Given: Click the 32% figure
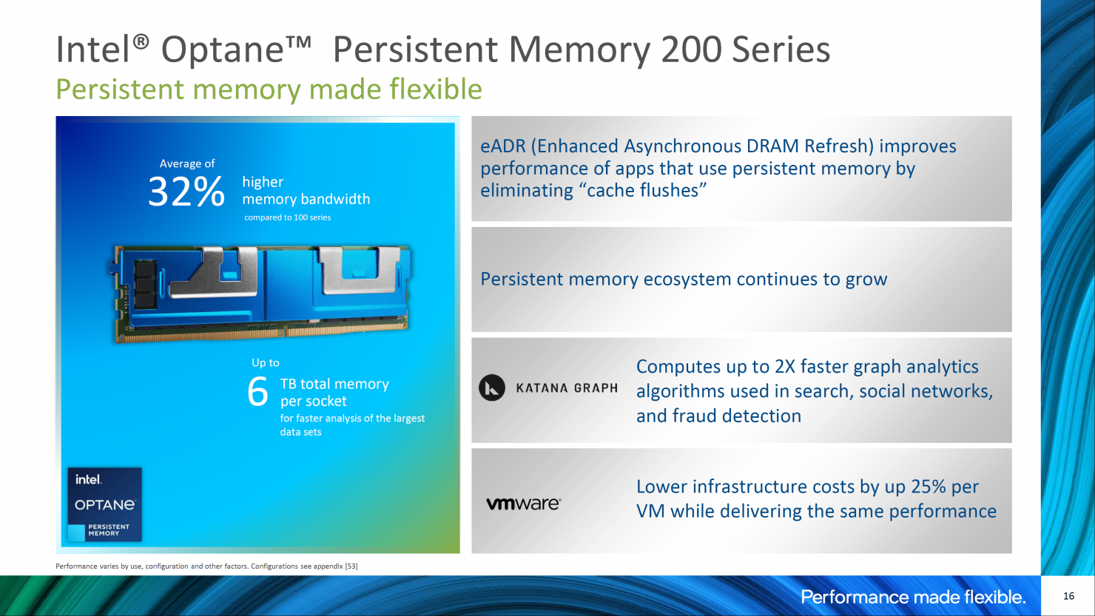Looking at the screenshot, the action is [x=186, y=192].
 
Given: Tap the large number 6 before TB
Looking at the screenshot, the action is [x=257, y=391].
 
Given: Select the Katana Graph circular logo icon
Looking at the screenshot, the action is [x=492, y=388].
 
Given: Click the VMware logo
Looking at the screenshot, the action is [x=524, y=504].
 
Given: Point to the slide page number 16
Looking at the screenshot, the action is [x=1068, y=596].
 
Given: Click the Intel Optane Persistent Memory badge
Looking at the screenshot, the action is [x=104, y=504].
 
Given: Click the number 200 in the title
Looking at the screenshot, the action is [x=691, y=50].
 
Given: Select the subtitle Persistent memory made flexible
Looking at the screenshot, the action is [x=269, y=89].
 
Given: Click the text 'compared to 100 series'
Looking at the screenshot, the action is [x=287, y=217].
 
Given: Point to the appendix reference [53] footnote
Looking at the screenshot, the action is [x=351, y=566].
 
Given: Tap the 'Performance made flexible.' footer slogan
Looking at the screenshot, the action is [x=913, y=597].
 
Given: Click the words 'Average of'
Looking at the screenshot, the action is [x=187, y=163].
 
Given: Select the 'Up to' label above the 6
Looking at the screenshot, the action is [x=266, y=362].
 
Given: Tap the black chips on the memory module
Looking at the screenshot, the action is [x=145, y=284].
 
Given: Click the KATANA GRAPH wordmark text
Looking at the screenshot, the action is [x=567, y=388].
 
